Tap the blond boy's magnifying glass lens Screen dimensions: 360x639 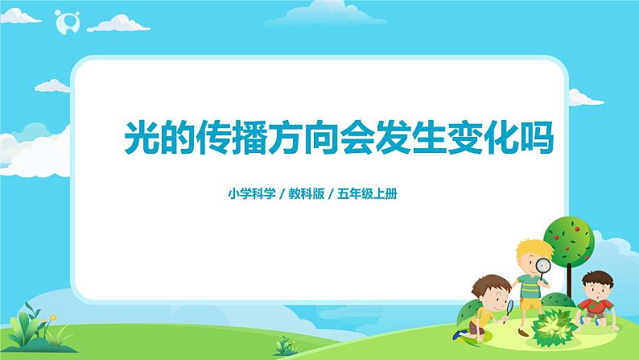tap(544, 266)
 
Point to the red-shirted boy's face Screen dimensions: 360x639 tap(593, 286)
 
